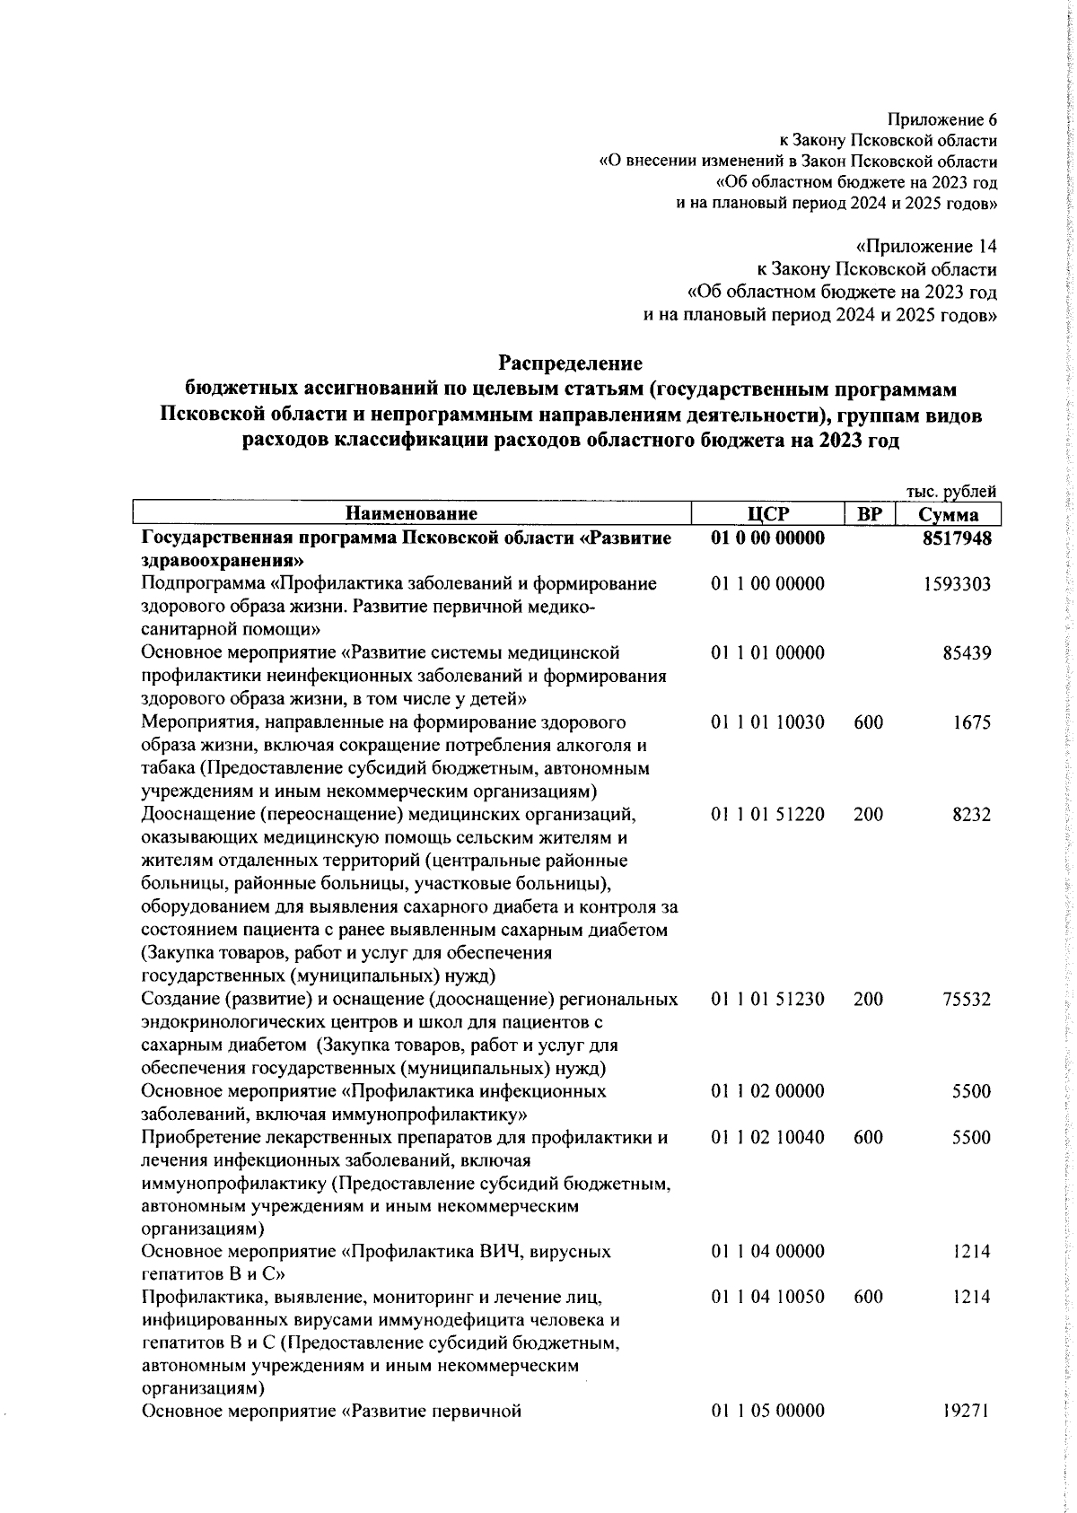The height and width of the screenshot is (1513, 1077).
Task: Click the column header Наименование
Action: [x=411, y=514]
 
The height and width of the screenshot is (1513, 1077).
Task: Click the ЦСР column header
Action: [x=767, y=514]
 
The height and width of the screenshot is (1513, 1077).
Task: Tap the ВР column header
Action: [x=869, y=514]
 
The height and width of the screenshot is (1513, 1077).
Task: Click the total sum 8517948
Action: [x=956, y=538]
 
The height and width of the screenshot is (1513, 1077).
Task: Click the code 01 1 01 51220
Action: [x=767, y=815]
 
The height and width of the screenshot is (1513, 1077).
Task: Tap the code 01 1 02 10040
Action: [x=767, y=1138]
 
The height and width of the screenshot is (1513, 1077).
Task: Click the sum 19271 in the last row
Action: [x=967, y=1411]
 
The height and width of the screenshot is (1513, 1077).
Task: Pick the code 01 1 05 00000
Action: [x=767, y=1411]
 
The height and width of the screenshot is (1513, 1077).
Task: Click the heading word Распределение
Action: [x=570, y=363]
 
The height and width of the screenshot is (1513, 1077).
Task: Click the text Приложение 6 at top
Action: [x=941, y=119]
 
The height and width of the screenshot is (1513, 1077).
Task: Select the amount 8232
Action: [x=972, y=815]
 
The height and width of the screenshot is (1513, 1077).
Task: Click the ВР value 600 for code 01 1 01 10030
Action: [x=868, y=722]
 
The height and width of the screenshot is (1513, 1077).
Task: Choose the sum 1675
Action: [x=972, y=722]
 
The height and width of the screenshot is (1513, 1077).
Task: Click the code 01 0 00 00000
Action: [x=767, y=538]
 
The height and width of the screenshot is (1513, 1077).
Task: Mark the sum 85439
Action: [x=967, y=653]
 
